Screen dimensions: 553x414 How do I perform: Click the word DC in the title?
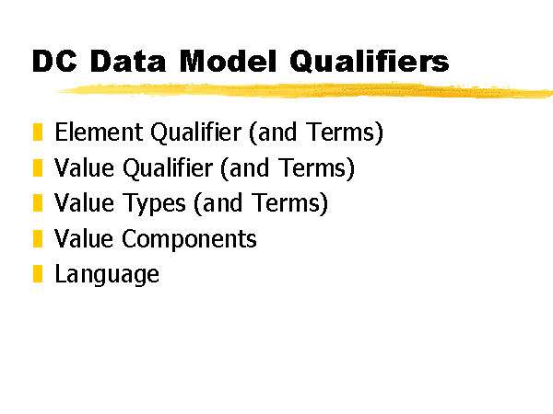[x=54, y=61]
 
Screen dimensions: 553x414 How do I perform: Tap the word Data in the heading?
[x=128, y=61]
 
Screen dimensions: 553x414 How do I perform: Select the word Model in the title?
[x=228, y=61]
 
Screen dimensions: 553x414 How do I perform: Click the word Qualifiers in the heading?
[x=370, y=62]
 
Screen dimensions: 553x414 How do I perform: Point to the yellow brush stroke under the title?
[x=304, y=90]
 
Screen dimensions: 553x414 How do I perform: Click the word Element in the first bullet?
[x=99, y=132]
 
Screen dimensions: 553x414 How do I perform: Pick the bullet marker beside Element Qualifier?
[x=38, y=132]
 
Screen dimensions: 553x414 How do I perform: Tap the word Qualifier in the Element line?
[x=195, y=133]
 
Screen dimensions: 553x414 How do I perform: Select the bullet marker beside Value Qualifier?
[x=38, y=167]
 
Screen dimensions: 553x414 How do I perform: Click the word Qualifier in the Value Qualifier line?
[x=168, y=168]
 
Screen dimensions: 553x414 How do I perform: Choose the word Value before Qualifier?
[x=84, y=167]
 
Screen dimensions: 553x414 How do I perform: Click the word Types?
[x=153, y=204]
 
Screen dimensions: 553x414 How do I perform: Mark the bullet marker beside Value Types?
[x=38, y=203]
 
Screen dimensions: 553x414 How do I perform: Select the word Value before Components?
[x=84, y=238]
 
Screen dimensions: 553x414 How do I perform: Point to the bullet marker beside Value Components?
[x=38, y=238]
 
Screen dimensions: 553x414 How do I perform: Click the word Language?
[x=107, y=275]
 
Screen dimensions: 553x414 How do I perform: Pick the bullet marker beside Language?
[x=38, y=274]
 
